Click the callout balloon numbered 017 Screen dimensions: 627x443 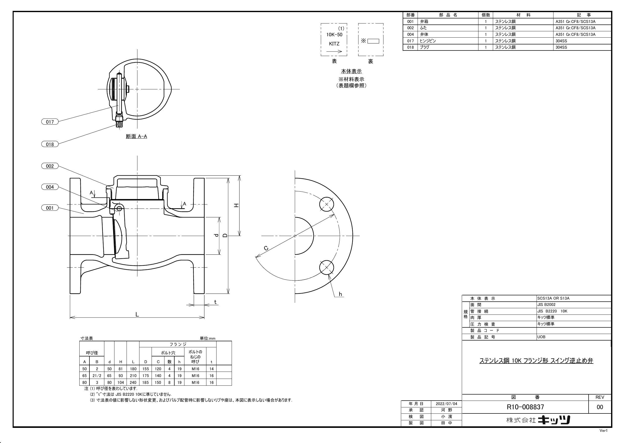(50, 122)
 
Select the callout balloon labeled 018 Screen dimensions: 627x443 (50, 144)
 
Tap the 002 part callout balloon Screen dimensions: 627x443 (50, 166)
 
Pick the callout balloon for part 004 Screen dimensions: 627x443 (50, 187)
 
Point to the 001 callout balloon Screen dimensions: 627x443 (50, 208)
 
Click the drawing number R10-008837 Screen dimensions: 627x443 (525, 407)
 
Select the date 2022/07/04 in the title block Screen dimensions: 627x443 (446, 404)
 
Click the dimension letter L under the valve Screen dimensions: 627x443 (137, 314)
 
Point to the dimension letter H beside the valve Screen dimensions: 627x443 (236, 205)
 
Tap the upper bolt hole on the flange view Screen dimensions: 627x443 (327, 204)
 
